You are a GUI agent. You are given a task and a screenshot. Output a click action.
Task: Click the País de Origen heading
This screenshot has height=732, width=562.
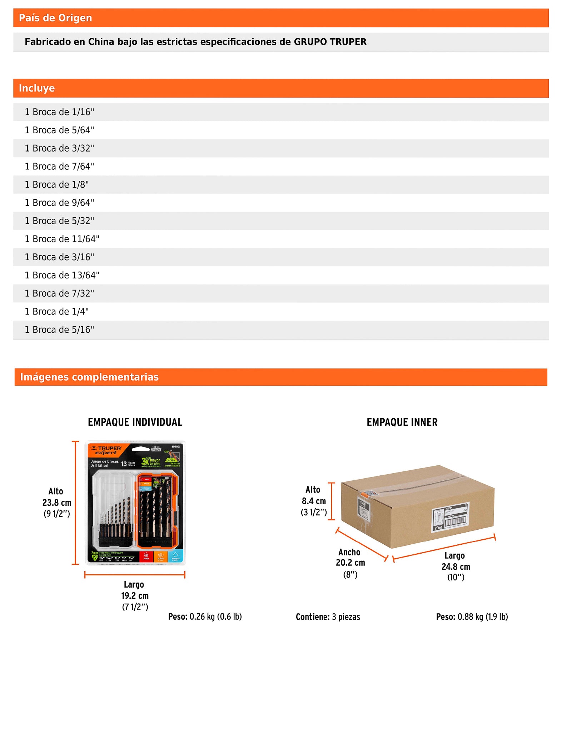(x=55, y=18)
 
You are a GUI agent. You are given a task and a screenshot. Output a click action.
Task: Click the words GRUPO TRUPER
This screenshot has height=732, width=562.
(x=330, y=42)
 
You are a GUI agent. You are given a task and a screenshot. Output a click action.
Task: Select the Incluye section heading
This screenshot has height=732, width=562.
(x=37, y=88)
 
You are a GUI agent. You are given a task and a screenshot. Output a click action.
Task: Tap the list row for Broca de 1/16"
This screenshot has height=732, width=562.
(x=59, y=112)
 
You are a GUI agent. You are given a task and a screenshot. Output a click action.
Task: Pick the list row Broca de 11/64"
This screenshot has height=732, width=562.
(x=62, y=239)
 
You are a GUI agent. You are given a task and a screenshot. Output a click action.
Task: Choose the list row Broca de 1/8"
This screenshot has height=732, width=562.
(x=56, y=185)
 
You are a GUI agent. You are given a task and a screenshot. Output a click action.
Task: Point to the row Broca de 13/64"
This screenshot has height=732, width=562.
(x=62, y=275)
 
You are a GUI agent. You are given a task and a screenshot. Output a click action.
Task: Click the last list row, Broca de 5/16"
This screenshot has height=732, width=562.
(x=59, y=330)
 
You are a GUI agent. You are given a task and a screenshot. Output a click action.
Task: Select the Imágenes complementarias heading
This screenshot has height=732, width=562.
(x=89, y=377)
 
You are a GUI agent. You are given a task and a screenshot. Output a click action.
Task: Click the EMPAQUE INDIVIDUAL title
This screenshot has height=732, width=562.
(x=135, y=422)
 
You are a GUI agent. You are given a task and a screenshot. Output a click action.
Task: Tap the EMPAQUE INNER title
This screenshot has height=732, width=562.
(x=402, y=422)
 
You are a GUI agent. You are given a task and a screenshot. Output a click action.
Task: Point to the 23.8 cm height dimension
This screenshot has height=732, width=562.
(x=57, y=503)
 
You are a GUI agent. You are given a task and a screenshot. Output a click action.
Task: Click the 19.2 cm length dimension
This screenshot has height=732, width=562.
(x=135, y=595)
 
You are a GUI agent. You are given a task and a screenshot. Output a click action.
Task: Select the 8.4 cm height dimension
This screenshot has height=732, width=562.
(x=314, y=501)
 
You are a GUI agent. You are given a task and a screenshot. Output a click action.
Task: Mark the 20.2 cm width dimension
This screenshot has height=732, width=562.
(x=350, y=563)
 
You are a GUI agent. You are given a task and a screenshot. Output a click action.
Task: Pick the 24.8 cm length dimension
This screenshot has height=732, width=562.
(x=456, y=567)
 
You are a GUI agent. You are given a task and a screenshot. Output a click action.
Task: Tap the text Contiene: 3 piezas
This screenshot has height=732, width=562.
(x=328, y=617)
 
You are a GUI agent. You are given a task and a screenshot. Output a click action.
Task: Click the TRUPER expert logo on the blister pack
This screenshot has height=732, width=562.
(x=106, y=450)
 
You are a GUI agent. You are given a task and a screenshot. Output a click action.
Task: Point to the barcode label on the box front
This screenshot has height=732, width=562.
(x=450, y=517)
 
